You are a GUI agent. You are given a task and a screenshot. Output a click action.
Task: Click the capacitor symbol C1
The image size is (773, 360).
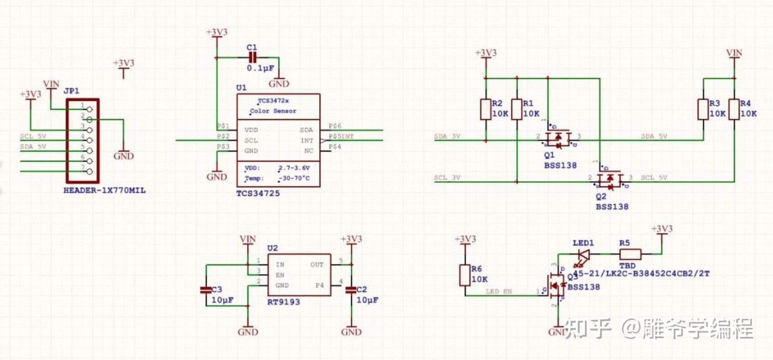252,58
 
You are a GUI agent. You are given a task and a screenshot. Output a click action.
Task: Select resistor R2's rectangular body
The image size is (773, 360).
486,109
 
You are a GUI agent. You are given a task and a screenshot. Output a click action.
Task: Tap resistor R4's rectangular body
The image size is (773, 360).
734,109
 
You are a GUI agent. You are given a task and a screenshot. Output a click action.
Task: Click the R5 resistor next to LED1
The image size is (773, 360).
630,254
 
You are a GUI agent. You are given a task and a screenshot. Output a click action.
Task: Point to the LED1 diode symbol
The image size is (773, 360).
583,254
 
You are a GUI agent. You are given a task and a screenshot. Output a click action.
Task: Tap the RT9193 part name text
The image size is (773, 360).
284,302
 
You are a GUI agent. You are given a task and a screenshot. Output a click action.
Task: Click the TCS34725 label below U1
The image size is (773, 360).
258,193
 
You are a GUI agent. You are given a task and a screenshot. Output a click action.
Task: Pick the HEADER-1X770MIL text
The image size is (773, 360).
105,191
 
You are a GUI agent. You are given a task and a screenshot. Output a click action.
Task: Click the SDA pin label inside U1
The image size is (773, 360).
306,130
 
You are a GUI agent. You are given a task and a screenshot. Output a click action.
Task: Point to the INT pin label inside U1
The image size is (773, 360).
307,141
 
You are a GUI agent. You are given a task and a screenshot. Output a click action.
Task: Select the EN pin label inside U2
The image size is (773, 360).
280,275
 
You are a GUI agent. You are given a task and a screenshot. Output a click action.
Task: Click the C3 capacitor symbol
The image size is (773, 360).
206,290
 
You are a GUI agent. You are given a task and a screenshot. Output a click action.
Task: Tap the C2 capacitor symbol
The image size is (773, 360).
351,290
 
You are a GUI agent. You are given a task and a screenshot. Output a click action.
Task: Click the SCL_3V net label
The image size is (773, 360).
447,178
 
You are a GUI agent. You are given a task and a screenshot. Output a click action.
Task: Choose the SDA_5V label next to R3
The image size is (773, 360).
654,136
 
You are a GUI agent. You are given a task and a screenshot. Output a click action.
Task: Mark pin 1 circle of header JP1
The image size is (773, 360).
89,109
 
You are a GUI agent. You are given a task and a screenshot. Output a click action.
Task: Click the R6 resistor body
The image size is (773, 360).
465,275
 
